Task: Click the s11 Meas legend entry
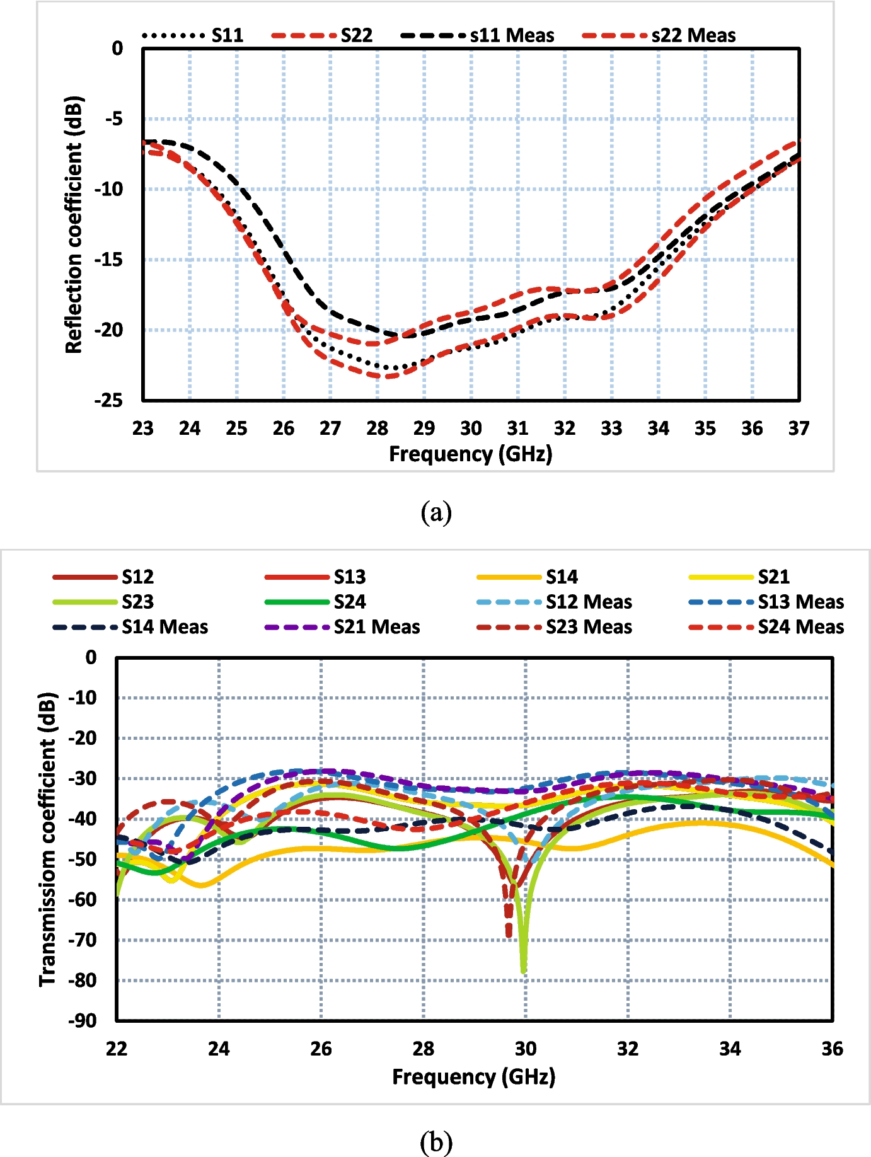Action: (x=477, y=35)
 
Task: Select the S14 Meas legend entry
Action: (x=130, y=627)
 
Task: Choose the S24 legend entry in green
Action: (x=315, y=602)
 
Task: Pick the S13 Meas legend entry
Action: (x=767, y=602)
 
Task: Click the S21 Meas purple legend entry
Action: (x=342, y=627)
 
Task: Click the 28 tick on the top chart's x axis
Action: (x=377, y=429)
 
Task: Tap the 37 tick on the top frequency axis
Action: (x=799, y=429)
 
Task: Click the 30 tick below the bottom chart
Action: (x=526, y=1049)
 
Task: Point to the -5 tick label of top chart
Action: (x=113, y=118)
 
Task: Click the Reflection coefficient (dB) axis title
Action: (x=74, y=224)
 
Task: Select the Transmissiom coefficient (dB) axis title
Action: (x=48, y=839)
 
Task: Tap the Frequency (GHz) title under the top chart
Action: (x=471, y=454)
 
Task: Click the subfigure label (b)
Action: (x=436, y=1142)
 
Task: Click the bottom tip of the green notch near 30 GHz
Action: (x=524, y=972)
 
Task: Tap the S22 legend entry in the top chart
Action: (x=322, y=35)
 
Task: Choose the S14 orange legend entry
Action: (x=527, y=577)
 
